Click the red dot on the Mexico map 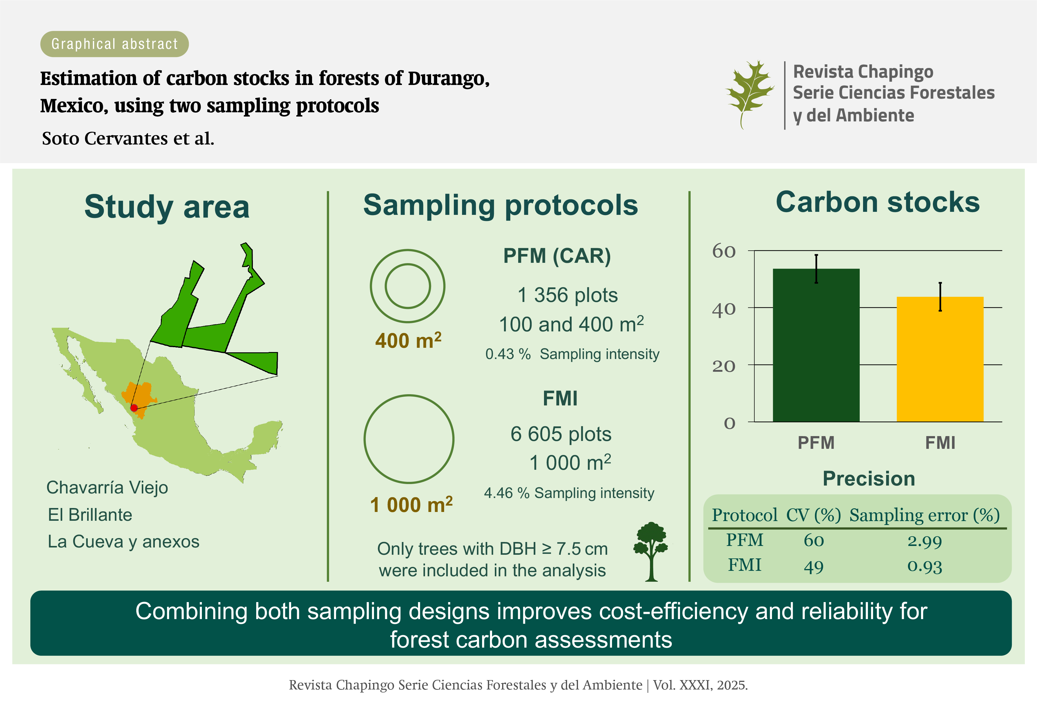[x=134, y=408]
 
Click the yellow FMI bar [x=940, y=359]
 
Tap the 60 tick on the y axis [x=724, y=251]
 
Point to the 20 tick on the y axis [x=724, y=366]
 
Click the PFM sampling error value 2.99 [x=925, y=541]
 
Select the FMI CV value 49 [x=814, y=567]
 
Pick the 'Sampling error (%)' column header [x=925, y=515]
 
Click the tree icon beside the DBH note [x=651, y=552]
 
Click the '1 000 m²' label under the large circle [x=411, y=505]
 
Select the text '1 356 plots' [x=568, y=295]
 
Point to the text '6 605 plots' [x=561, y=434]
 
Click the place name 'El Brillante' [x=90, y=515]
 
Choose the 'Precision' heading [x=869, y=479]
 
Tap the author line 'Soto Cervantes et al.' [x=128, y=138]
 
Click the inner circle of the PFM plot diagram [x=408, y=286]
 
